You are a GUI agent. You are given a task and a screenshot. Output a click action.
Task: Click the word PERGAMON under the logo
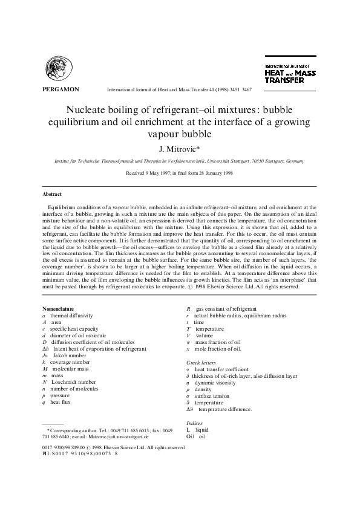click(61, 89)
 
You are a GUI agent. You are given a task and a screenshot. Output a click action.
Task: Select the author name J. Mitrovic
click(180, 147)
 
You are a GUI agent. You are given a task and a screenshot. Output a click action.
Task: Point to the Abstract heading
click(52, 194)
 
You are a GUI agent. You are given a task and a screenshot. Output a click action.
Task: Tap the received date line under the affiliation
click(180, 173)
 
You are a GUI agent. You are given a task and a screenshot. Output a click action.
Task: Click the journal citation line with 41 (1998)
click(179, 89)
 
